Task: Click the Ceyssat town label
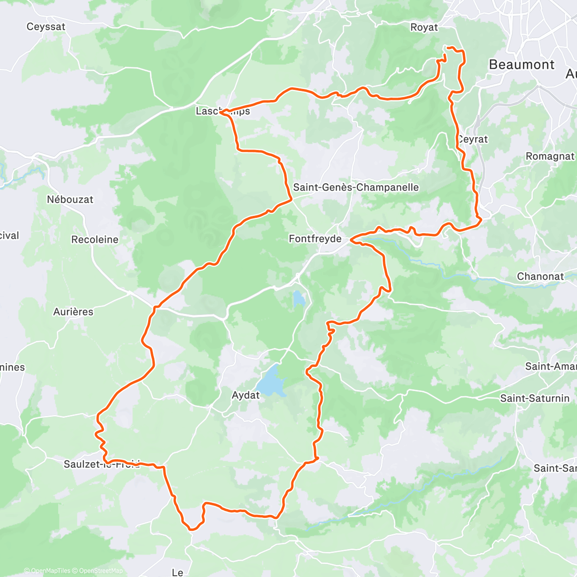point(46,27)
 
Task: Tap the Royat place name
point(424,27)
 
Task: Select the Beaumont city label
point(521,65)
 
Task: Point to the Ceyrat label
point(473,139)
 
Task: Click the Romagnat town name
point(550,156)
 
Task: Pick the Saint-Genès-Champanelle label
point(356,188)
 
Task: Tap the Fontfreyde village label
point(315,239)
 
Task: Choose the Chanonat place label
point(540,276)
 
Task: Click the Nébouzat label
point(70,200)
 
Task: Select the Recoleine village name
point(95,239)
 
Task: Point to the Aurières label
point(73,312)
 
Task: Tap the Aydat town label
point(245,395)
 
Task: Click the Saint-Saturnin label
point(535,398)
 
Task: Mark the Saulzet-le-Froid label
point(101,464)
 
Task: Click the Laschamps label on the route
point(223,112)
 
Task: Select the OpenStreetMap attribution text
point(101,571)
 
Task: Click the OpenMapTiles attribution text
point(50,571)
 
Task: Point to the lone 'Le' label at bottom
point(177,572)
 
